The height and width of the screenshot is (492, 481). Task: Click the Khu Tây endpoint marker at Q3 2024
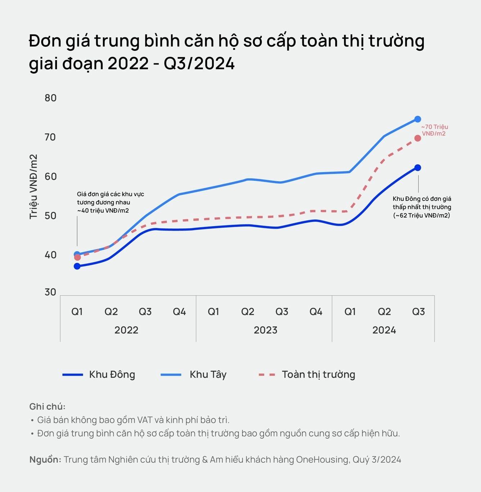click(x=418, y=119)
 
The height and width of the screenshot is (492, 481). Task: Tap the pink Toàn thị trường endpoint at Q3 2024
click(x=418, y=138)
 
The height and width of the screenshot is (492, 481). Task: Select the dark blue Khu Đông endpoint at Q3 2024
click(x=418, y=168)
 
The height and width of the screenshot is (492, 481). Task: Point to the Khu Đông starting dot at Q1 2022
click(x=77, y=266)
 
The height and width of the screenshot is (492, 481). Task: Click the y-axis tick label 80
click(x=50, y=98)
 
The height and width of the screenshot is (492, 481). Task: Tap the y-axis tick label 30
click(x=50, y=292)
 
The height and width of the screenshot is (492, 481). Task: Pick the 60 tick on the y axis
click(x=50, y=176)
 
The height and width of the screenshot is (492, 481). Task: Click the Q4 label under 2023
click(x=316, y=312)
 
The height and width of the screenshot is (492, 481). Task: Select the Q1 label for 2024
click(x=350, y=312)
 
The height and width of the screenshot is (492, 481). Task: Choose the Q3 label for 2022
click(x=145, y=312)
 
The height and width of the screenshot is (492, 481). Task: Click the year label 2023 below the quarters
click(x=265, y=330)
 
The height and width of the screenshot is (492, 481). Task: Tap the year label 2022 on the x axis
click(x=126, y=330)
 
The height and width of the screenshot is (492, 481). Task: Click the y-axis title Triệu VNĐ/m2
click(x=33, y=187)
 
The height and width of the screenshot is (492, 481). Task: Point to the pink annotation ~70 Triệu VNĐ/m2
click(x=434, y=130)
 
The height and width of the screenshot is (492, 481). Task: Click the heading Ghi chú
click(x=47, y=407)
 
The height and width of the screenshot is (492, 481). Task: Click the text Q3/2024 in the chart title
click(x=199, y=64)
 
